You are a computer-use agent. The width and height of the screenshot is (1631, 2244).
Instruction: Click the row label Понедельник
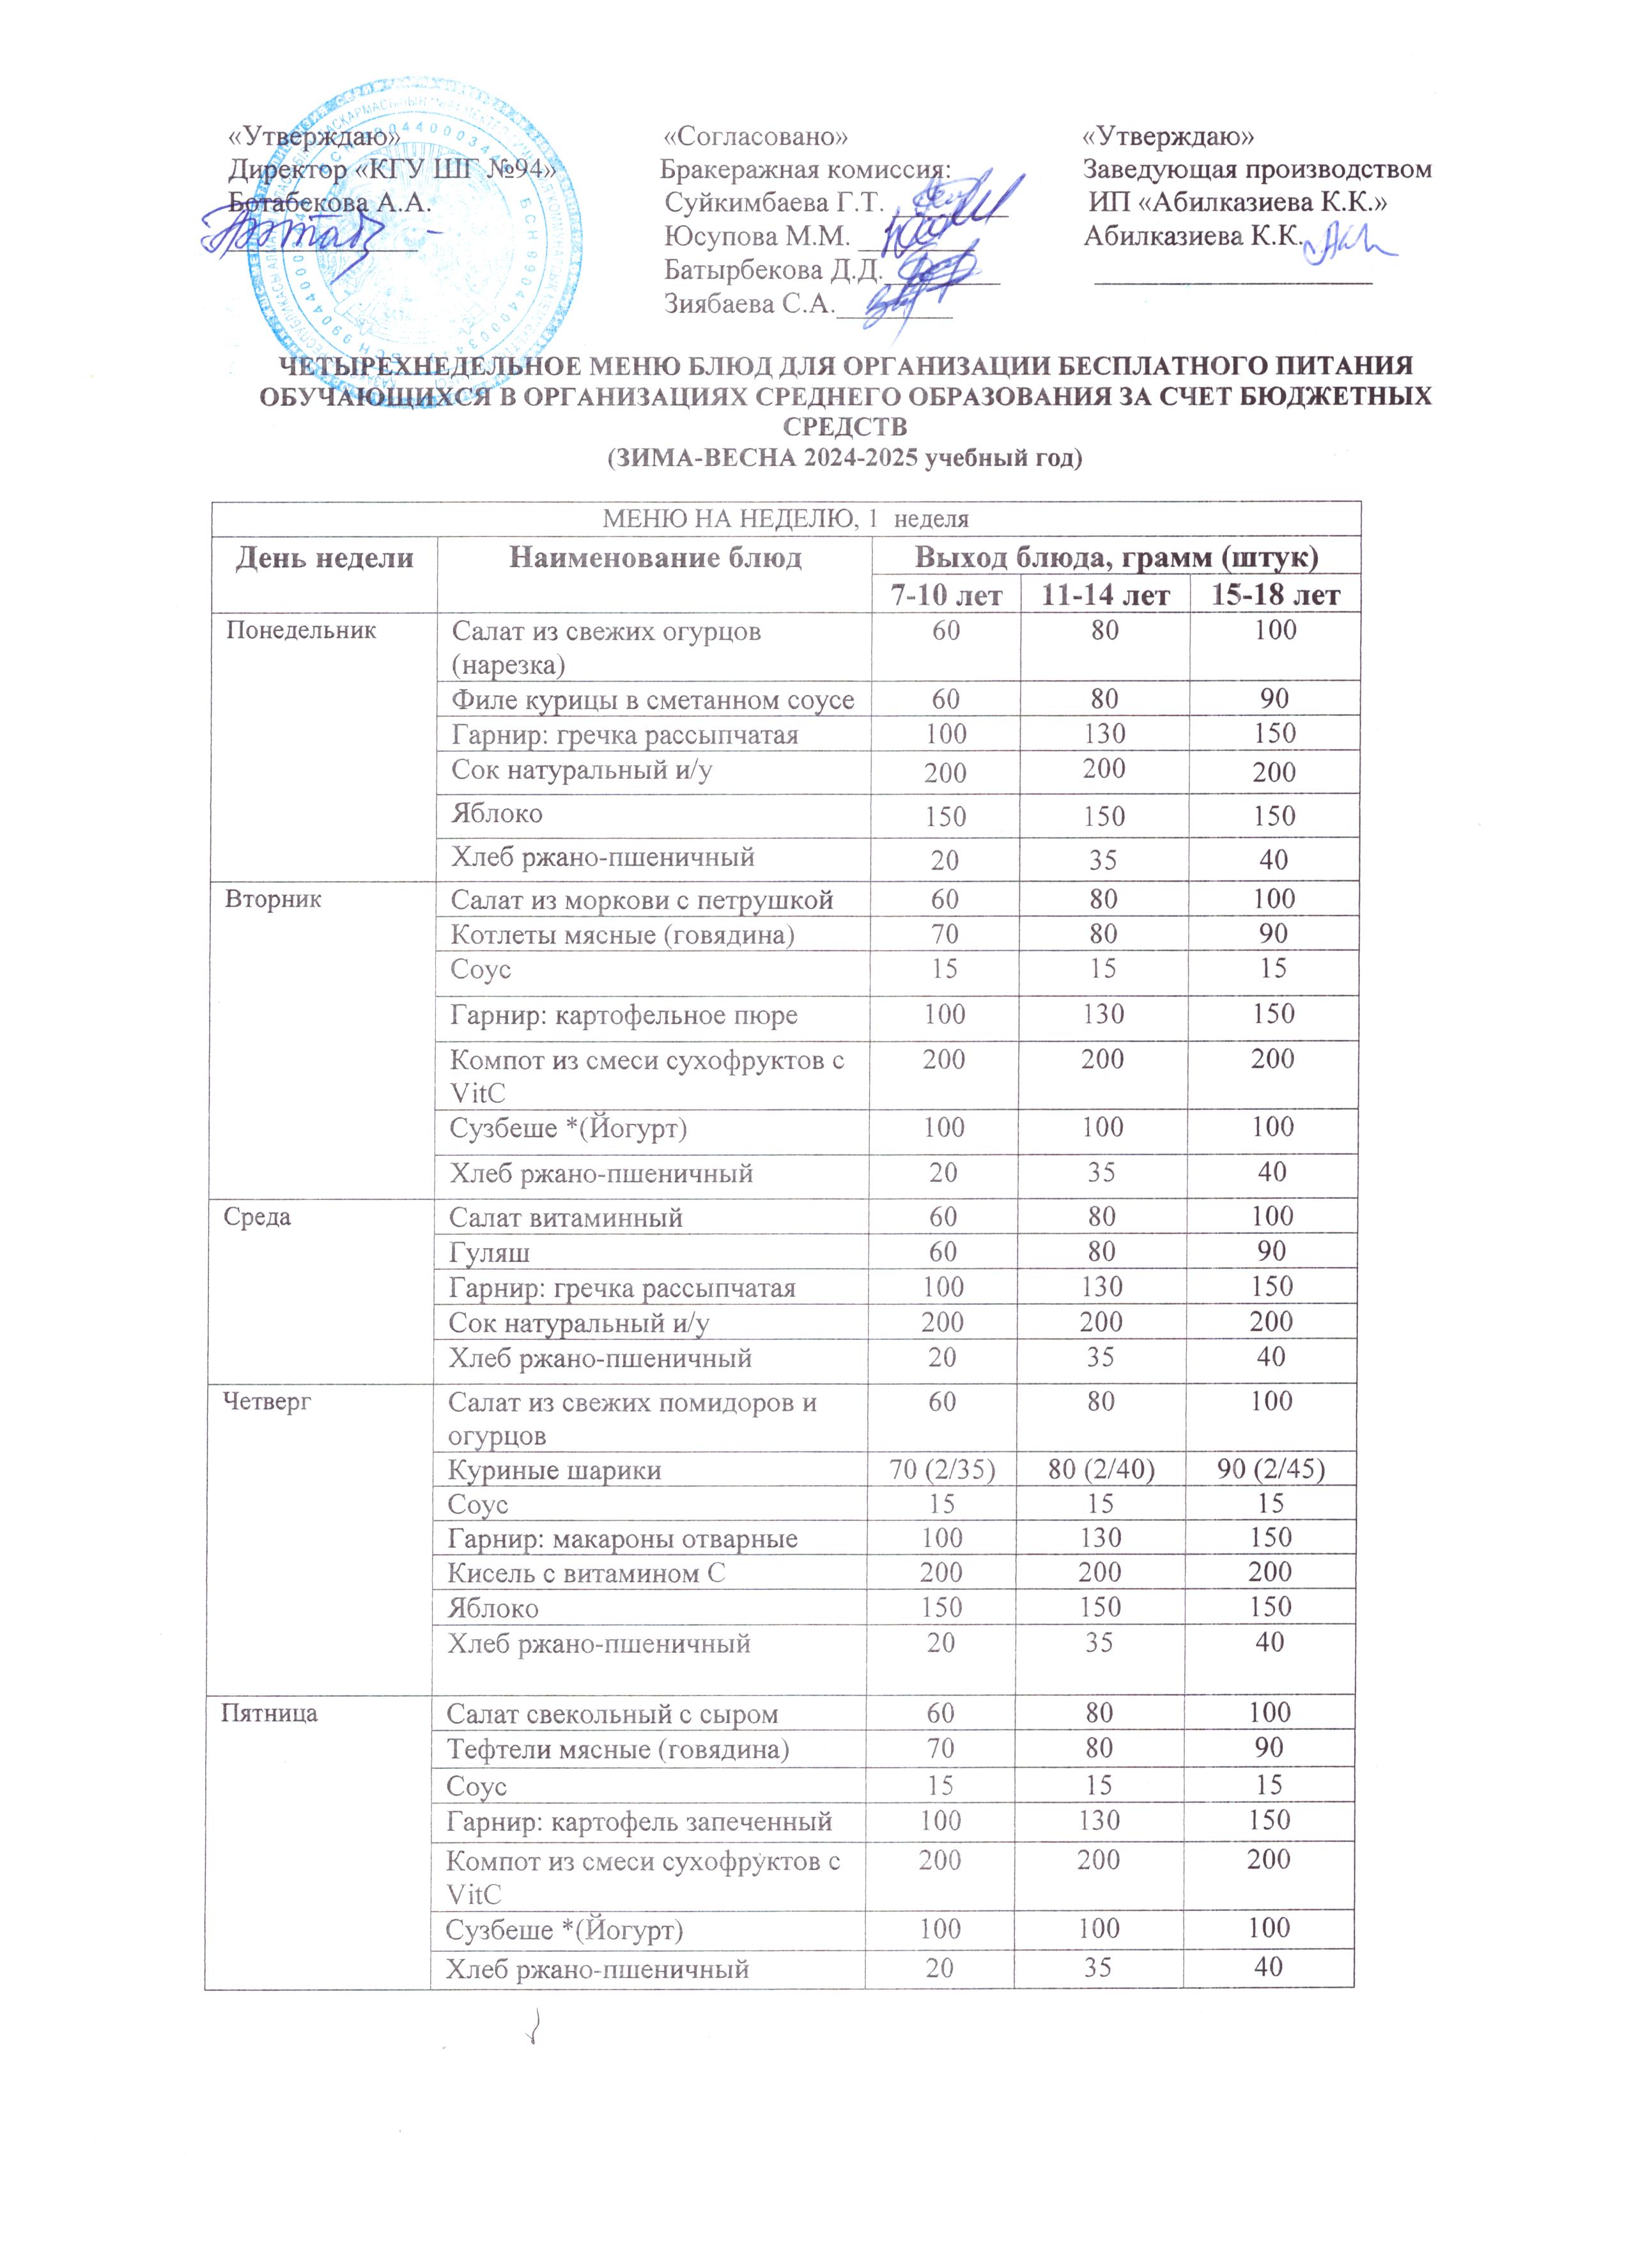pyautogui.click(x=300, y=630)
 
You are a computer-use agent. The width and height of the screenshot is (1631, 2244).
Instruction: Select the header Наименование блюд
pyautogui.click(x=655, y=558)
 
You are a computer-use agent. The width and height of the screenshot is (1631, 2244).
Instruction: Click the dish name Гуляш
pyautogui.click(x=489, y=1252)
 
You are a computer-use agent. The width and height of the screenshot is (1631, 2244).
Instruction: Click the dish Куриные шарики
pyautogui.click(x=554, y=1470)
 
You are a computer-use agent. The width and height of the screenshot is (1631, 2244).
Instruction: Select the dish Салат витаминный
pyautogui.click(x=566, y=1217)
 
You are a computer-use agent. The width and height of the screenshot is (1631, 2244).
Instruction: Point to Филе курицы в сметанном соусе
pyautogui.click(x=653, y=699)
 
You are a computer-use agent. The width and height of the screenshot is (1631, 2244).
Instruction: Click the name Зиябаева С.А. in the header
pyautogui.click(x=749, y=304)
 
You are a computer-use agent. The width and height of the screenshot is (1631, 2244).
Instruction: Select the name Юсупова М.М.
pyautogui.click(x=757, y=237)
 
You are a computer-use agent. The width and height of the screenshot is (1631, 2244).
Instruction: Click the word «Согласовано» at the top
pyautogui.click(x=755, y=136)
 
